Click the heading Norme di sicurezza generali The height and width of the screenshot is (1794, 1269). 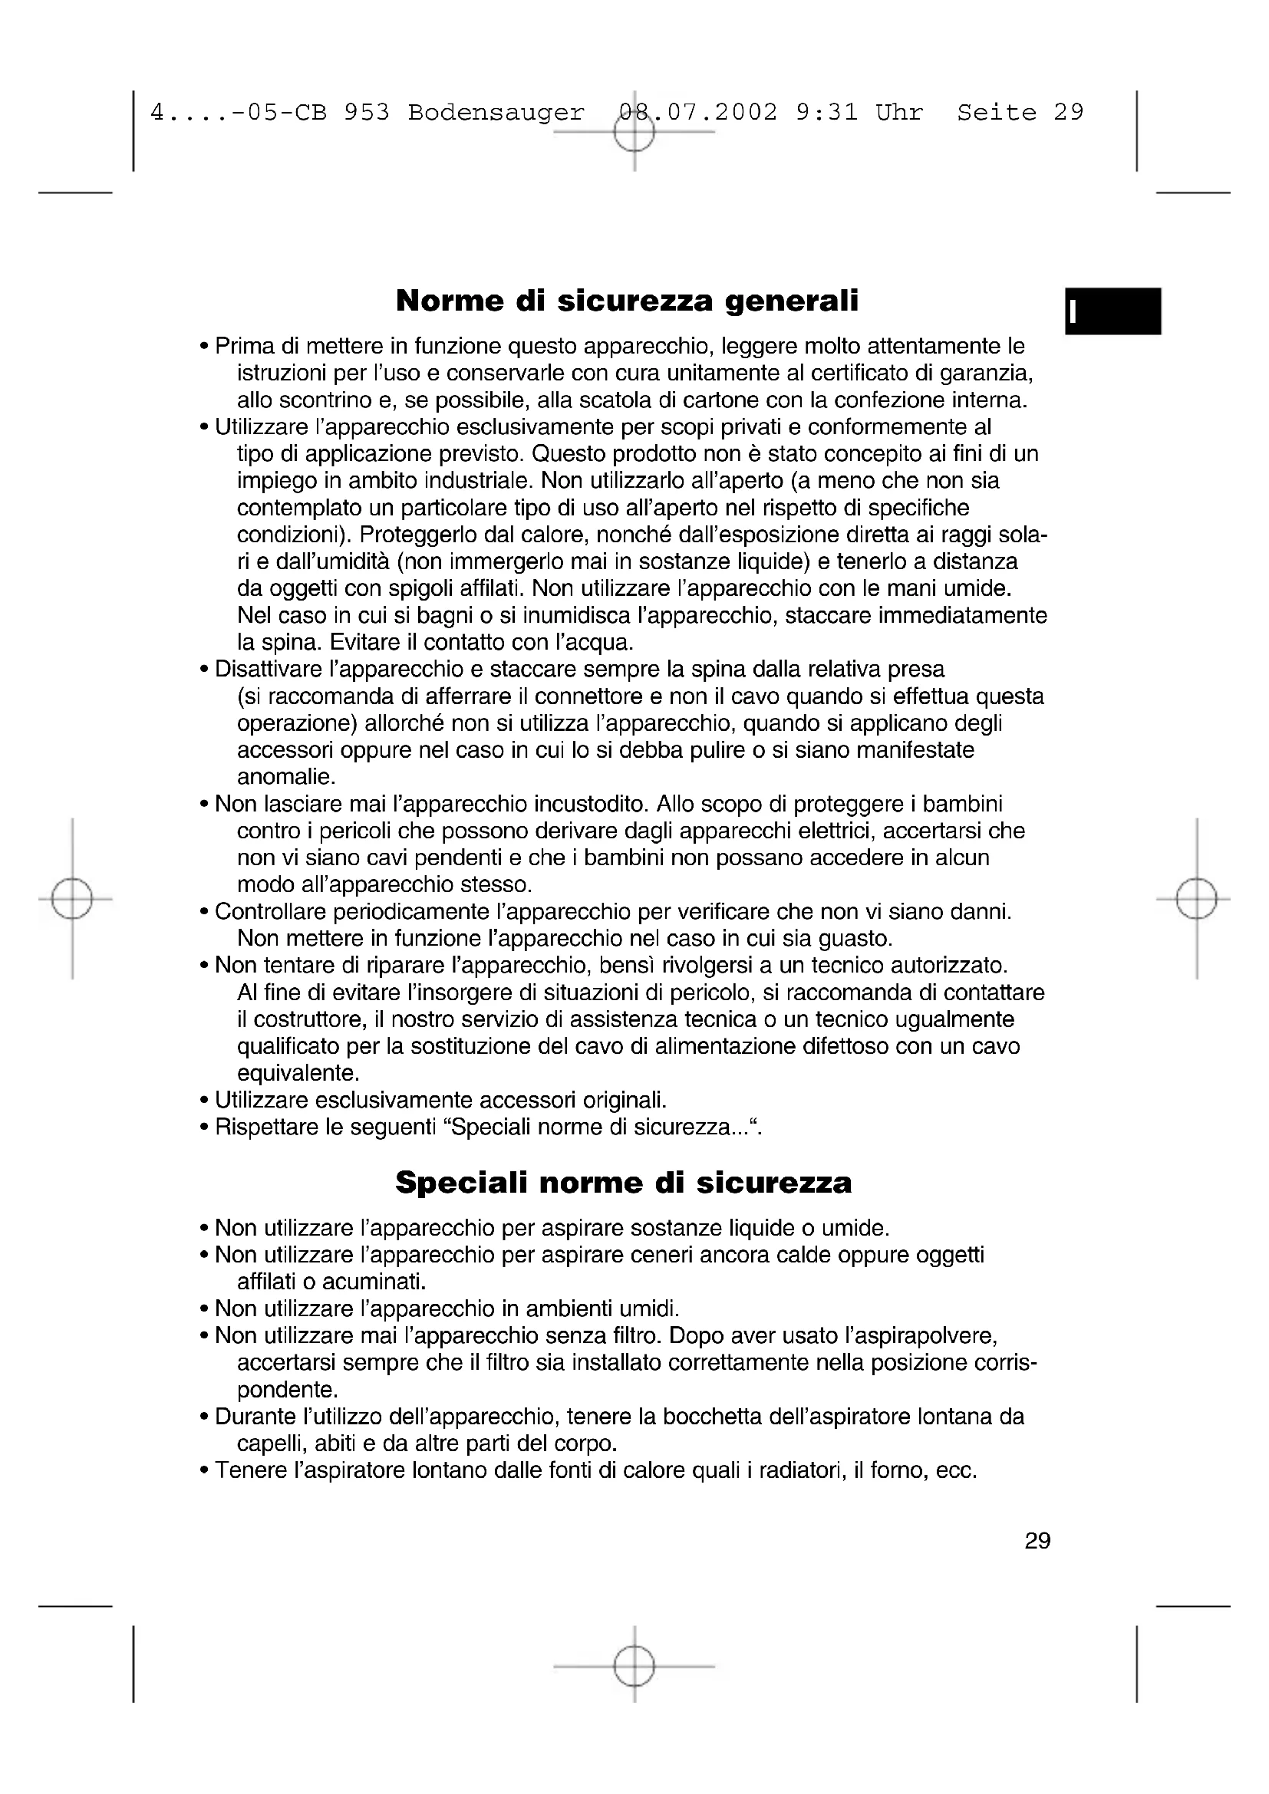click(627, 301)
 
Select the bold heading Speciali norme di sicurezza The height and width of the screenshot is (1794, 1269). click(623, 1183)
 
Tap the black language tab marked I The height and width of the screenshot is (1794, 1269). click(1112, 311)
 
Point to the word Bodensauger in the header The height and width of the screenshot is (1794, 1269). click(496, 113)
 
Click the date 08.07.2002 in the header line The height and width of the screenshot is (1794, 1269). click(697, 113)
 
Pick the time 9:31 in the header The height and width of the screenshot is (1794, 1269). click(827, 113)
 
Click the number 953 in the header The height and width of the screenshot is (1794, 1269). click(367, 113)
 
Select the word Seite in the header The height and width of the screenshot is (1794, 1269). click(997, 113)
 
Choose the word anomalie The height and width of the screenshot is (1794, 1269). click(286, 778)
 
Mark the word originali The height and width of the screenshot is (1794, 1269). click(625, 1100)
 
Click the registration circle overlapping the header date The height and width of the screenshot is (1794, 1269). click(634, 133)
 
